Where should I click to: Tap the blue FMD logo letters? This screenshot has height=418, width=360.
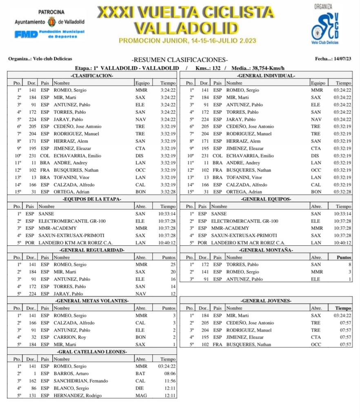click(x=26, y=34)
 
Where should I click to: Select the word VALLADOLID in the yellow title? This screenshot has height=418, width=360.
click(x=186, y=28)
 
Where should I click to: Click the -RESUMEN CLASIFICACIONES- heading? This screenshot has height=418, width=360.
click(x=180, y=60)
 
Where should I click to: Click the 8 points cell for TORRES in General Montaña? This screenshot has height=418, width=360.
click(x=349, y=265)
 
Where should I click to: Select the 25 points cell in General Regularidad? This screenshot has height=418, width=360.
click(x=173, y=265)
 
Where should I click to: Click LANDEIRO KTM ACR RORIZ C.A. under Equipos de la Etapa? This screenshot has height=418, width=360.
click(x=77, y=242)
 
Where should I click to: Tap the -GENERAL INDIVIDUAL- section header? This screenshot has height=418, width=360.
click(x=266, y=76)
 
